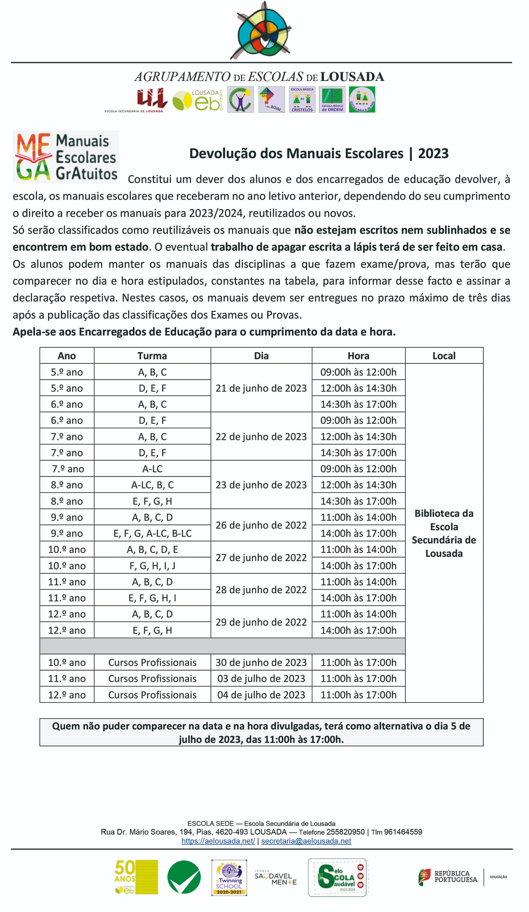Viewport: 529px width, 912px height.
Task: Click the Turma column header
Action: point(152,356)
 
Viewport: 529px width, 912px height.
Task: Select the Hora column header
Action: point(358,356)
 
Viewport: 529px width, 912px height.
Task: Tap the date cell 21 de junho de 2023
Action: point(261,388)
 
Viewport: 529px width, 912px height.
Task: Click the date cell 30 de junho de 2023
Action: point(261,662)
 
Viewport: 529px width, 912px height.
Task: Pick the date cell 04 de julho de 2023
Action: point(261,694)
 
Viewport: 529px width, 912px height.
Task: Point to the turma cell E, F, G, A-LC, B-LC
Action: point(152,533)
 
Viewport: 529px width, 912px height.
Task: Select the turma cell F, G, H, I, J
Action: point(152,565)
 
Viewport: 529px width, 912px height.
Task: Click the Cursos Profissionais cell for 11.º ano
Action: point(152,678)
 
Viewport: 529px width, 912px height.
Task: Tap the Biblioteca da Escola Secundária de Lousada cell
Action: point(444,533)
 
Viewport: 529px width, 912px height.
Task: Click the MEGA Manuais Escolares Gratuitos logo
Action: point(66,157)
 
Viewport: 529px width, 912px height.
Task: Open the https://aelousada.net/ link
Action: point(218,841)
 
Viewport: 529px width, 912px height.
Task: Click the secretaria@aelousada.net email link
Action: point(306,841)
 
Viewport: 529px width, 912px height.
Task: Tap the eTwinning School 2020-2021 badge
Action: point(229,877)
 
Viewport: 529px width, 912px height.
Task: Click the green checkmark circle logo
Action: point(184,877)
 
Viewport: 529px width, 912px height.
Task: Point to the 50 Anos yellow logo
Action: point(136,877)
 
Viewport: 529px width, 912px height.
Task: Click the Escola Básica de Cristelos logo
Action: point(302,99)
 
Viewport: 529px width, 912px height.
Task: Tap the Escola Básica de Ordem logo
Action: point(332,99)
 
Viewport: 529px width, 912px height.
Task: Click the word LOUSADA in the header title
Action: point(352,77)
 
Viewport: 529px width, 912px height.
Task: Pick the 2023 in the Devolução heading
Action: point(433,153)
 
